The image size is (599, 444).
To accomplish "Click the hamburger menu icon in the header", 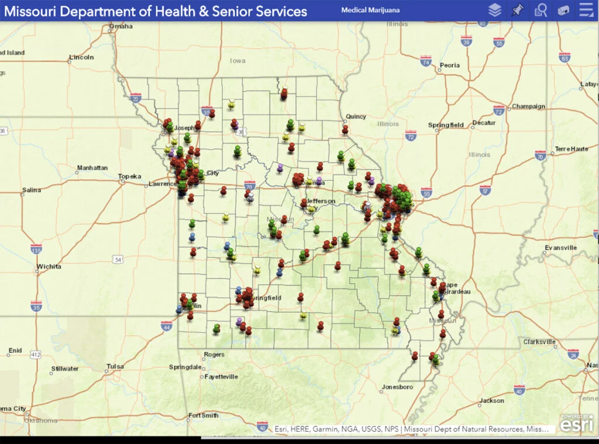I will [585, 10].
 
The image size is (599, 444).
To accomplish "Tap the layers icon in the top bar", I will [495, 10].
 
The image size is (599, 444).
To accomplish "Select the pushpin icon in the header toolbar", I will [517, 10].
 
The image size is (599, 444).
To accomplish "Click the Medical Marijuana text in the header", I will [379, 11].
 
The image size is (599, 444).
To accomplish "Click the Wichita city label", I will [49, 266].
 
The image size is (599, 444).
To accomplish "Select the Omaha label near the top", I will [121, 26].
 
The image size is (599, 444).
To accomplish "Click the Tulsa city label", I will [115, 366].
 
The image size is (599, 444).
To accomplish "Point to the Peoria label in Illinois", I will [449, 65].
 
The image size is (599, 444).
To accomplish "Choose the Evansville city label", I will [560, 248].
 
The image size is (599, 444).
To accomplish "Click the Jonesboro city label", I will [397, 387].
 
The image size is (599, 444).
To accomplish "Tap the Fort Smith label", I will [203, 415].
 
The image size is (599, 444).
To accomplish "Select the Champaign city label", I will [528, 106].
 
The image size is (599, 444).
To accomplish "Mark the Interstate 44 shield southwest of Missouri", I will [166, 326].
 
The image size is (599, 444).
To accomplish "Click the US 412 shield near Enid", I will [36, 355].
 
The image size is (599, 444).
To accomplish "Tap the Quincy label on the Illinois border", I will [356, 116].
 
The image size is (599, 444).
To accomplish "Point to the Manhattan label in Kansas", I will [92, 168].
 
